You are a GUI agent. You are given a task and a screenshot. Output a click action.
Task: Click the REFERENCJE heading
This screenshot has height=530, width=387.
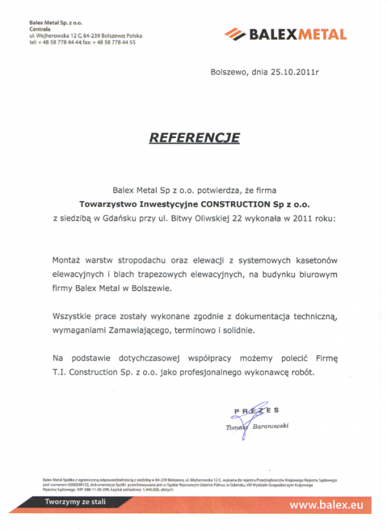click(194, 137)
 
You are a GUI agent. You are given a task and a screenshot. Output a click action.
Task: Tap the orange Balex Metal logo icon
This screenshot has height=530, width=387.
click(235, 34)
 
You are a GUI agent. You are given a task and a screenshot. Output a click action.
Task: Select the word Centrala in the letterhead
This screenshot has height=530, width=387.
click(40, 29)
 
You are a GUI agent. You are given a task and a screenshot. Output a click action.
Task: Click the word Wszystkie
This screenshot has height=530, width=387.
click(74, 317)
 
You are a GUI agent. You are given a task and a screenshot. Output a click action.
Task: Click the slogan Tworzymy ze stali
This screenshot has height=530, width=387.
click(75, 502)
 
